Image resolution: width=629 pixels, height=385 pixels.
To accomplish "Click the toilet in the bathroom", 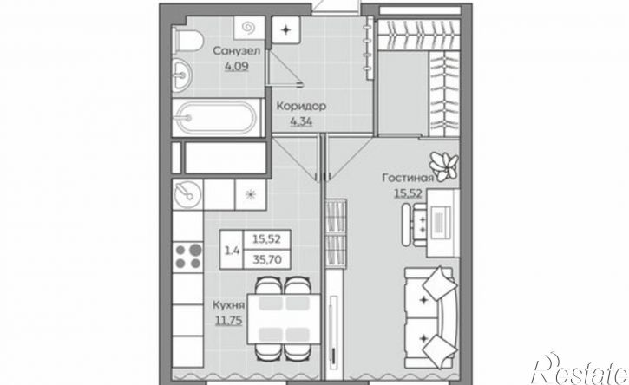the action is click(187, 41).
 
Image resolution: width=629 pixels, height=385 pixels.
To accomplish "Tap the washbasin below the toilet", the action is click(182, 75).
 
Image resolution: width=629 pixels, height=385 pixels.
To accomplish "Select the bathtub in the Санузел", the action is click(217, 118).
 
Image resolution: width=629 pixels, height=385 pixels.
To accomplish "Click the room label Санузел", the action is click(236, 51).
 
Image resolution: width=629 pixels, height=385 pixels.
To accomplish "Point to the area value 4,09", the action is click(236, 66).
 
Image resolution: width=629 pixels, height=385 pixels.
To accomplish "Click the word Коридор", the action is click(301, 107).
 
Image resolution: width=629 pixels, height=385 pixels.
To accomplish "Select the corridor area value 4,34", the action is click(301, 121).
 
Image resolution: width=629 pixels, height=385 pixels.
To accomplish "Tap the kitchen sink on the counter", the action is click(187, 194).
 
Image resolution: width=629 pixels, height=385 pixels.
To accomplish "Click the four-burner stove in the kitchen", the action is click(187, 257).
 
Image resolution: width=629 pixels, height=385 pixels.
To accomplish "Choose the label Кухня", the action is click(228, 305).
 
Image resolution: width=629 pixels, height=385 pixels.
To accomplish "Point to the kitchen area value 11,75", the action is click(229, 321).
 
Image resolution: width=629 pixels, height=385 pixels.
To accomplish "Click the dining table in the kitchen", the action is click(284, 318).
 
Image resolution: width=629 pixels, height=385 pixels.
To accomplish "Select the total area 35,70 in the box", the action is click(266, 260).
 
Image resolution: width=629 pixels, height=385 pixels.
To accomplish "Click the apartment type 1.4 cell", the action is click(232, 250).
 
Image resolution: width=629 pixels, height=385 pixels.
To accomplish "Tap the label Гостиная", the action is click(408, 178).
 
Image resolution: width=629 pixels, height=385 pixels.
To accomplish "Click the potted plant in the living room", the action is click(443, 166).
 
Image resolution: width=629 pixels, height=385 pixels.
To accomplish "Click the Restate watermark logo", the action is click(580, 370).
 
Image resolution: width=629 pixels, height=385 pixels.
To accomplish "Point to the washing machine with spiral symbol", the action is click(249, 28).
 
